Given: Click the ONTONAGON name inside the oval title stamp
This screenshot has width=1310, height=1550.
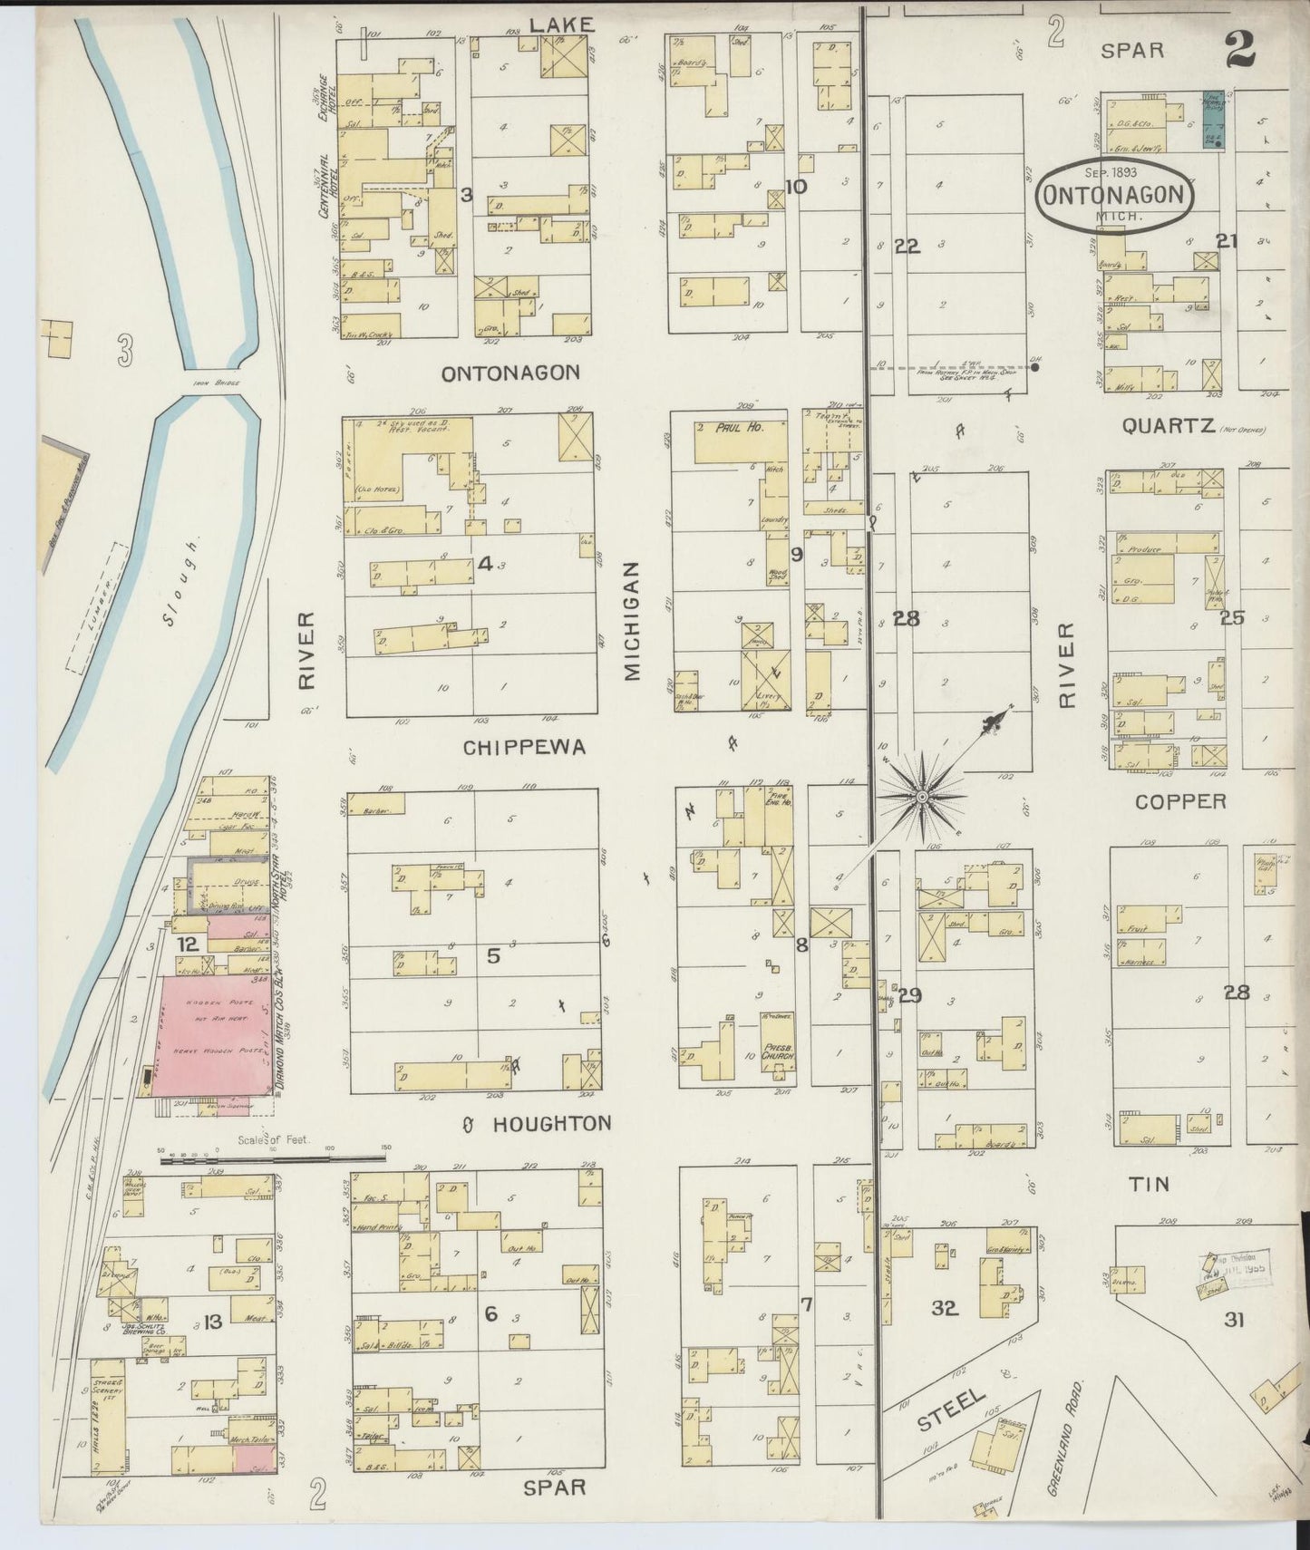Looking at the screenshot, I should click(1114, 195).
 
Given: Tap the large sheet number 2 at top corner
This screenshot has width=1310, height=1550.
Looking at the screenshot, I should click(1240, 50).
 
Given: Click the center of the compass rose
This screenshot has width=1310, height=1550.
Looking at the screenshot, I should click(921, 796).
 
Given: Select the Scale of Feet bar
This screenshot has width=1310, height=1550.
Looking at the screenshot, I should click(272, 1158).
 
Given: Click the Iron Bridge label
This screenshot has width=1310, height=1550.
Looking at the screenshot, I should click(217, 384).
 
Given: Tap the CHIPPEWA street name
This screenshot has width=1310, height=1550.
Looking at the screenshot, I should click(525, 748).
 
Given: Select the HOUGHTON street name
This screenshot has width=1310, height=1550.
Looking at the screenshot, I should click(551, 1124).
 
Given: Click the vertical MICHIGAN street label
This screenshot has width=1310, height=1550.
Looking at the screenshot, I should click(631, 619).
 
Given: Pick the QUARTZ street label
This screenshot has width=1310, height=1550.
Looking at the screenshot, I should click(1168, 425).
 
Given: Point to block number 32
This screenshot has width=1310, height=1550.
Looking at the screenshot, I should click(944, 1308).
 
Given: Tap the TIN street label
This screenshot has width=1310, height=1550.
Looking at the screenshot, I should click(1149, 1184).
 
